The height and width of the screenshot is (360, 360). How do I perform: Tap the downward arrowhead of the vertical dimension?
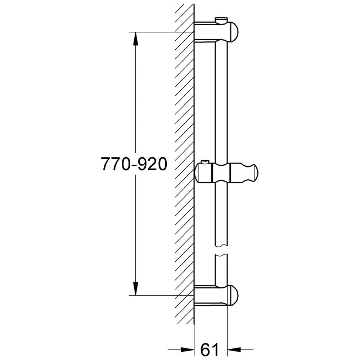(135, 288)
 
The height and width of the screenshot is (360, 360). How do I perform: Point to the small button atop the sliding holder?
(206, 162)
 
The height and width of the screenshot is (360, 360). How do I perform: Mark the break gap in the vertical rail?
(221, 251)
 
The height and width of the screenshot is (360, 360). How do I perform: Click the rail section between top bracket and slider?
(221, 101)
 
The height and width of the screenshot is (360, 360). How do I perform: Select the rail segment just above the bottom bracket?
(221, 270)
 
